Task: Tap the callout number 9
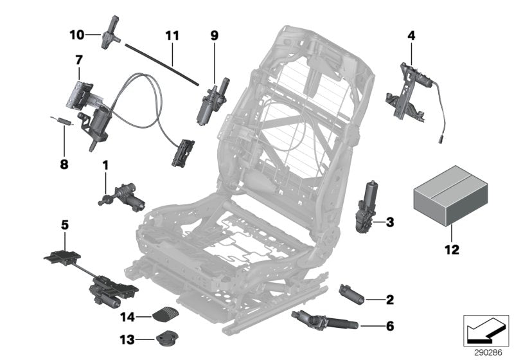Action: [x=215, y=37]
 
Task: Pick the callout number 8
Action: [x=64, y=146]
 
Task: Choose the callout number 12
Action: [x=452, y=249]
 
